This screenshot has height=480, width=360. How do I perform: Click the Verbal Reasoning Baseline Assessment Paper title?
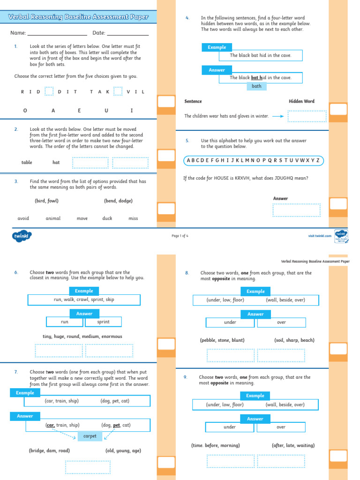(78, 17)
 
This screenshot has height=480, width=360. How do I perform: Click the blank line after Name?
(57, 34)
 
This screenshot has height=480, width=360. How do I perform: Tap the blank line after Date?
(127, 34)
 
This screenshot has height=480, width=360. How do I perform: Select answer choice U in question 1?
(106, 111)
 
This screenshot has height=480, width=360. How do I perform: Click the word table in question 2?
(27, 163)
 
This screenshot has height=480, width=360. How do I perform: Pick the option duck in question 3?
(107, 218)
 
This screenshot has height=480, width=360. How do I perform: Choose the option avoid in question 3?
(23, 218)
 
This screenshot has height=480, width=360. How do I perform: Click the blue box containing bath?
(256, 86)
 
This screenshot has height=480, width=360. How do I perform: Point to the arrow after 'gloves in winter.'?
(278, 116)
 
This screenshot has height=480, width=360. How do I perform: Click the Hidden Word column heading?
(301, 101)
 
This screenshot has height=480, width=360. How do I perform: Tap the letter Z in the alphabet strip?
(318, 161)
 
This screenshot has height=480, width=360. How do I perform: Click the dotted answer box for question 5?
(296, 210)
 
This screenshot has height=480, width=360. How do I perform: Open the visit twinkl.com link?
(320, 236)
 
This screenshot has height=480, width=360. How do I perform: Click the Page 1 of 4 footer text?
(180, 236)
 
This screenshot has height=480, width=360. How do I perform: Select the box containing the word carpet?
(90, 436)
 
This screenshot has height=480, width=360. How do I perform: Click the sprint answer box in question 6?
(104, 322)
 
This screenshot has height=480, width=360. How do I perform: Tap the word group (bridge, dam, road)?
(49, 451)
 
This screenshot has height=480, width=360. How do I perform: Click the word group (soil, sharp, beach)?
(294, 340)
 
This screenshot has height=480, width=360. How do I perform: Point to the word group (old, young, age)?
(123, 451)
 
